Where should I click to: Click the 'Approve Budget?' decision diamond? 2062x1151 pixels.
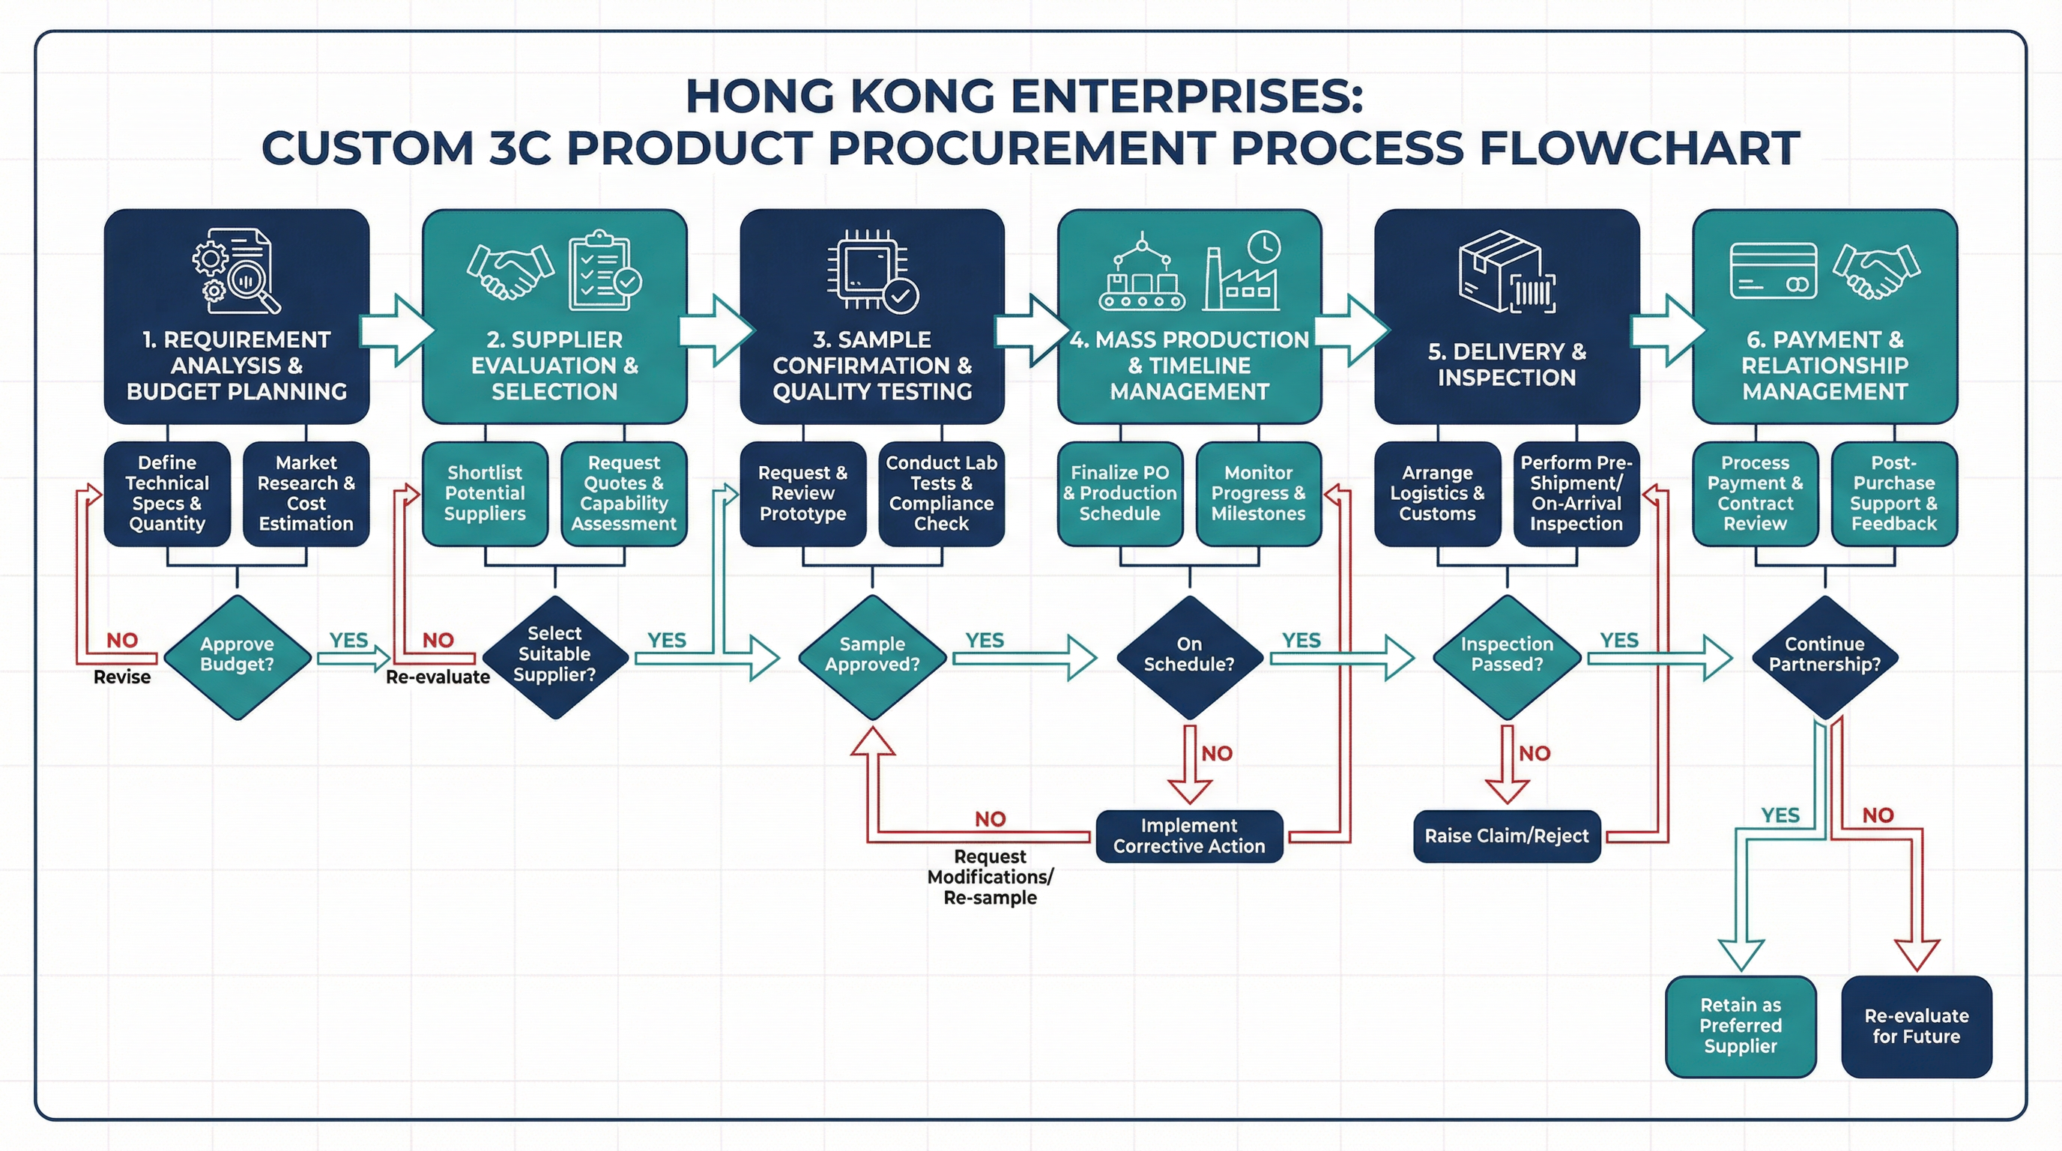(237, 656)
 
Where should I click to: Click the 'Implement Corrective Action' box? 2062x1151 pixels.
(1188, 836)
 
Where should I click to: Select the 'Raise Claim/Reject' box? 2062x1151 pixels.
(1507, 836)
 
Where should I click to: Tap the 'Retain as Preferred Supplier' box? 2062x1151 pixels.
(1741, 1025)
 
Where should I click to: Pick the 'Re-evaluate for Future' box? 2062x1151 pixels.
(1917, 1025)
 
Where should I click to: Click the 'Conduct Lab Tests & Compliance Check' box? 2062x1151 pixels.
(941, 493)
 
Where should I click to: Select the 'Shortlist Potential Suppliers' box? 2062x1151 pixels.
(485, 493)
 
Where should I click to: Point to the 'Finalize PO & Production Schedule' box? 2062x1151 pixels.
(1120, 493)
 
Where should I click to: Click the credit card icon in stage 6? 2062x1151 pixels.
(1773, 271)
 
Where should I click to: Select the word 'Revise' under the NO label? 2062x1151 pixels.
(121, 677)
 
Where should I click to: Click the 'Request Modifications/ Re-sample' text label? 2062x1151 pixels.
(991, 877)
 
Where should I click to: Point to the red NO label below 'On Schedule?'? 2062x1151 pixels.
(1217, 753)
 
